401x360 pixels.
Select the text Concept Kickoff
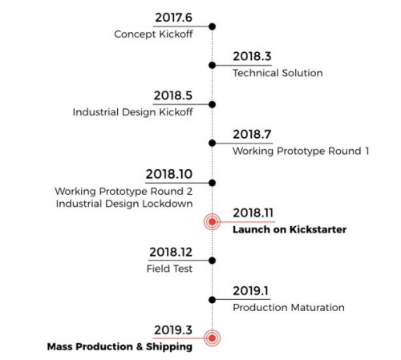(154, 34)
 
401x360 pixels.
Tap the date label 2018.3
(253, 57)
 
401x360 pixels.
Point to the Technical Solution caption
(277, 73)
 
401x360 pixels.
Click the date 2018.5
(173, 96)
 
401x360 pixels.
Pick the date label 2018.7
(253, 135)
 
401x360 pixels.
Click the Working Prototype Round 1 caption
(301, 150)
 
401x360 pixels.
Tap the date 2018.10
(169, 174)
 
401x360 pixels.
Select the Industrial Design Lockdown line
(124, 202)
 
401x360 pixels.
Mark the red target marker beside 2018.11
(213, 221)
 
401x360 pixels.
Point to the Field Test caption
(169, 269)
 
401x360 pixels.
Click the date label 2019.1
(253, 291)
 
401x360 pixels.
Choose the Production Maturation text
(289, 306)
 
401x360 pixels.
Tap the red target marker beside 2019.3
(213, 338)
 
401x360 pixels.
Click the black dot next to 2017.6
(213, 26)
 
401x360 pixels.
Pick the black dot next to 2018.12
(213, 261)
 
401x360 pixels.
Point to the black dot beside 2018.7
(213, 143)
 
